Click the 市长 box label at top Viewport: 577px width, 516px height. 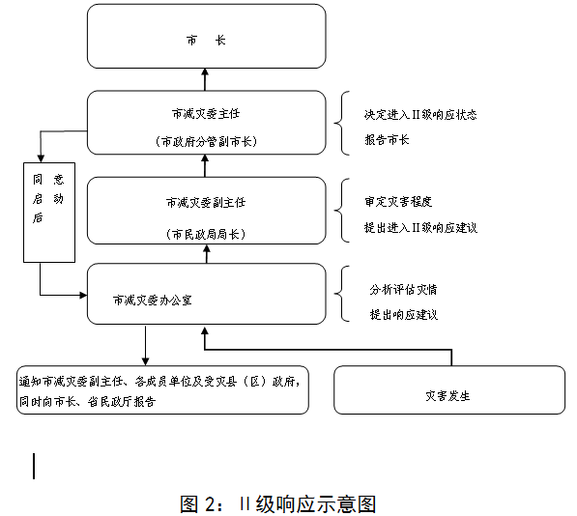(206, 40)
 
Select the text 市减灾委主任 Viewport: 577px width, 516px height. (206, 114)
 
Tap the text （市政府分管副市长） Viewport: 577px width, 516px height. (206, 142)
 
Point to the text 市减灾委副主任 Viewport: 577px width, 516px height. (206, 203)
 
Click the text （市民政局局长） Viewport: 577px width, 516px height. (206, 234)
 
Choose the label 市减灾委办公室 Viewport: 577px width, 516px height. (153, 301)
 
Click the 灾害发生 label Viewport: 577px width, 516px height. (447, 396)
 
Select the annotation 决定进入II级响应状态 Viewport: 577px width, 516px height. (420, 115)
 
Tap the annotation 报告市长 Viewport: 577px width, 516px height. (387, 140)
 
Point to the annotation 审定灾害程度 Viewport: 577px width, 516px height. (398, 202)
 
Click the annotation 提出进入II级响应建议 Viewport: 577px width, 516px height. (420, 228)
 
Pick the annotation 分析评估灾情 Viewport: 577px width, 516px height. (403, 290)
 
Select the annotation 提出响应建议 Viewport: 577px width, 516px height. (403, 315)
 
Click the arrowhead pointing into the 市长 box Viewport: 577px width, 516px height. (205, 72)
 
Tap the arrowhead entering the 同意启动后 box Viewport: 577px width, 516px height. (41, 158)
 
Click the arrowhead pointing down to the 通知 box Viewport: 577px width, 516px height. (145, 361)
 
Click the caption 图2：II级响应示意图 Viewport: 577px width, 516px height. (278, 503)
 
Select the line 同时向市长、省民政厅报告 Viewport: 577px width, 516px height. (88, 402)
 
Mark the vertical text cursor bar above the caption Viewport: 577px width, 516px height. (34, 466)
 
